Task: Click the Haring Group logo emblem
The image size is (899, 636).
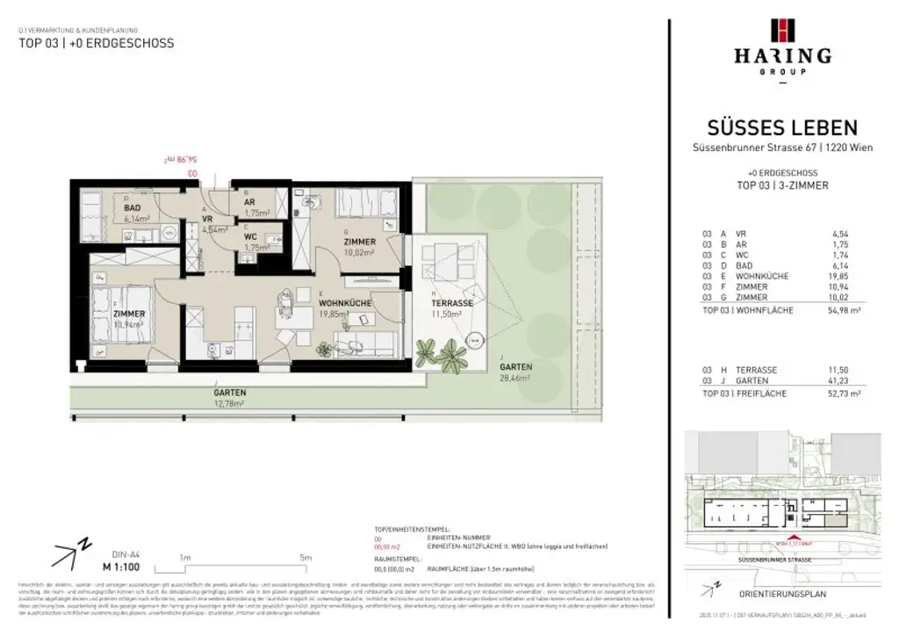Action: (781, 30)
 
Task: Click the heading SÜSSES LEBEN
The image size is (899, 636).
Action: (782, 128)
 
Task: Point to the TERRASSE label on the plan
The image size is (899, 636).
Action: (452, 302)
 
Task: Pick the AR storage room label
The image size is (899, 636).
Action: (249, 202)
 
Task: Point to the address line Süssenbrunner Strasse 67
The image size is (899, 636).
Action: (781, 147)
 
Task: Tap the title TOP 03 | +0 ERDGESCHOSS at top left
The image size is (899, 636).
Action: (97, 43)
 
